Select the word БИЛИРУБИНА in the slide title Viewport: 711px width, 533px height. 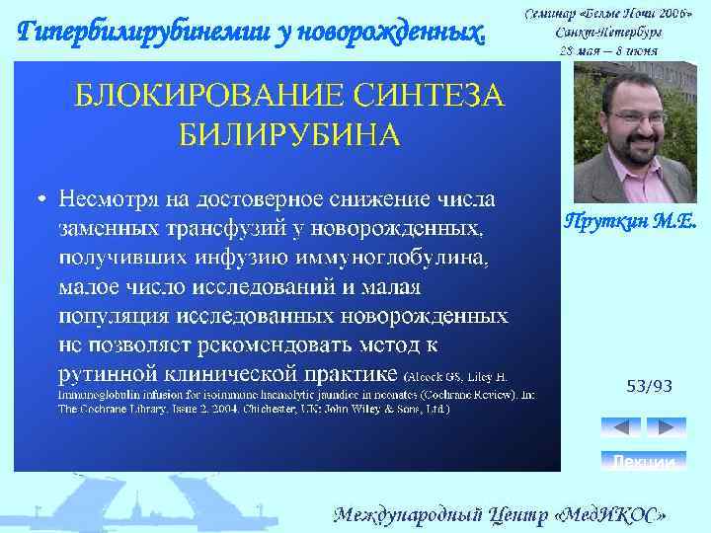pos(289,133)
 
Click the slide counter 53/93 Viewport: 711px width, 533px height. pos(649,386)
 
